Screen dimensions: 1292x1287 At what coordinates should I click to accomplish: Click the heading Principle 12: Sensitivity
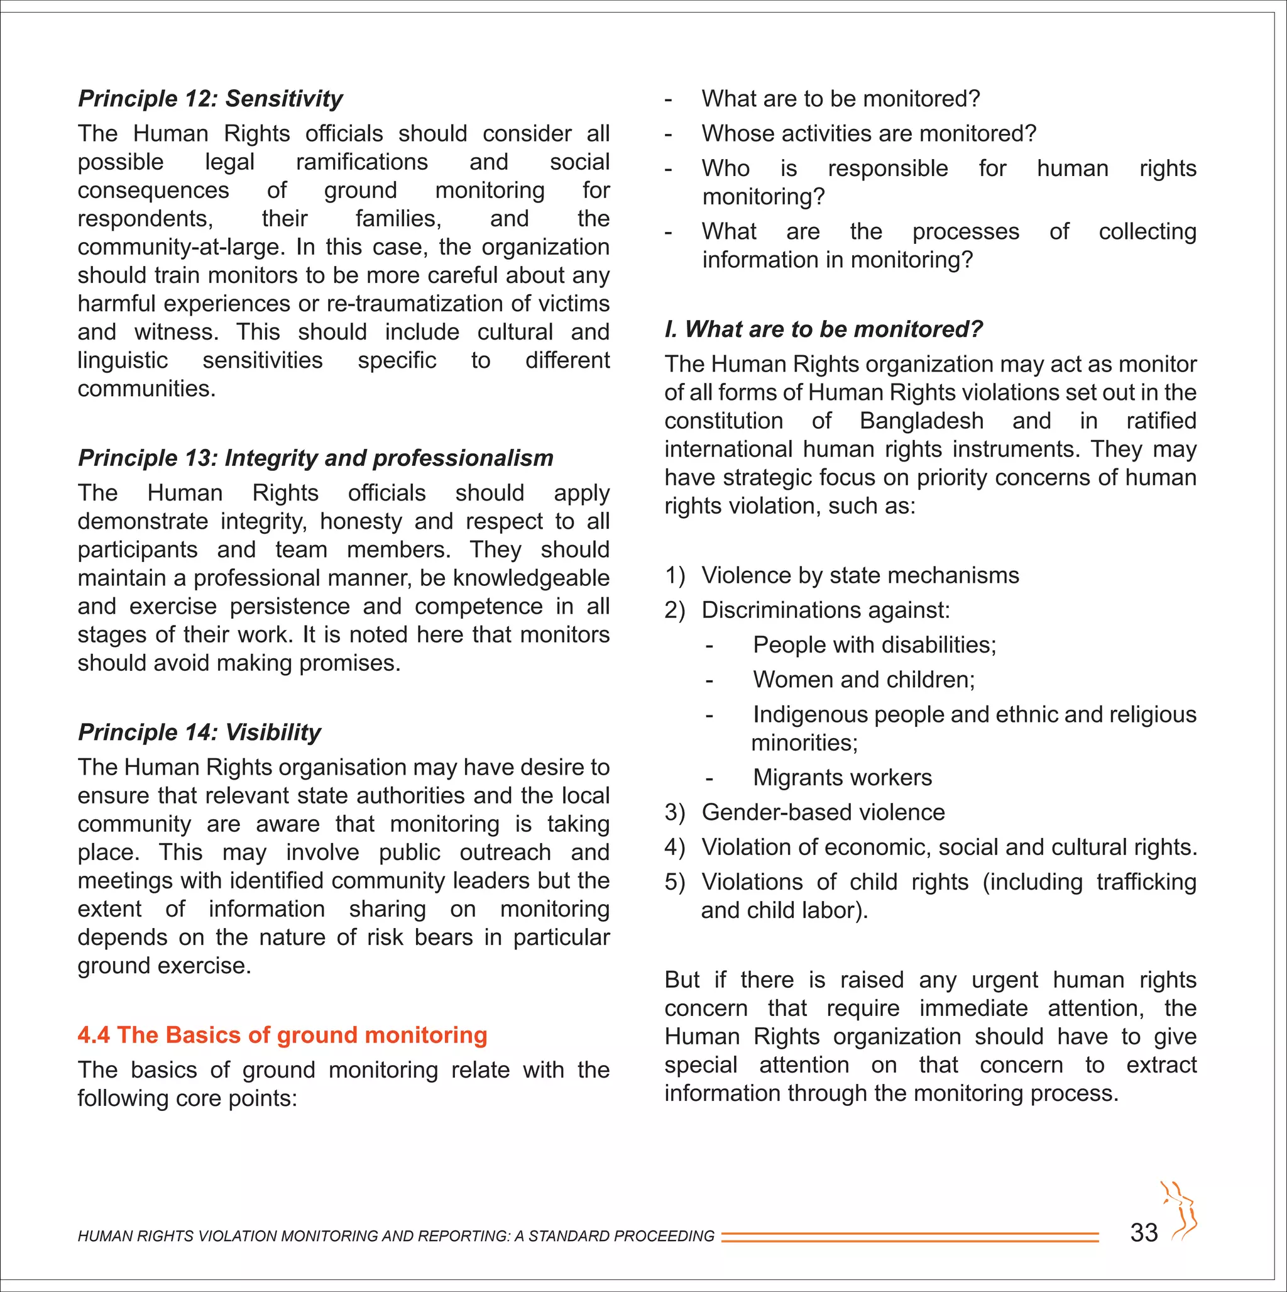210,99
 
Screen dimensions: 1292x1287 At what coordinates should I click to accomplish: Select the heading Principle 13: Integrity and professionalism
315,458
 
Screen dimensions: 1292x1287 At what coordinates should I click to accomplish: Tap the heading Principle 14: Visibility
199,732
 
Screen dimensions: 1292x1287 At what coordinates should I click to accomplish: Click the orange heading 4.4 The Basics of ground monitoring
282,1035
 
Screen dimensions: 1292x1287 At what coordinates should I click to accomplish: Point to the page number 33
1143,1232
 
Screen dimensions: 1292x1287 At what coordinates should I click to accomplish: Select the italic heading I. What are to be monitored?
823,329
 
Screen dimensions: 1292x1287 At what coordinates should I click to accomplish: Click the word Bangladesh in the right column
921,421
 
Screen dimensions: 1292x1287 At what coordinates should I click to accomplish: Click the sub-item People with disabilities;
874,644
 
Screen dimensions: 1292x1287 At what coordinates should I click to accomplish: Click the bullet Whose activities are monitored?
868,134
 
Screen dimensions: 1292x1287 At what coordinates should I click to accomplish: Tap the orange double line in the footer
909,1237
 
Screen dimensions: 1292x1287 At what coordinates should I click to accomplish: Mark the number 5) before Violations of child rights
674,882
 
